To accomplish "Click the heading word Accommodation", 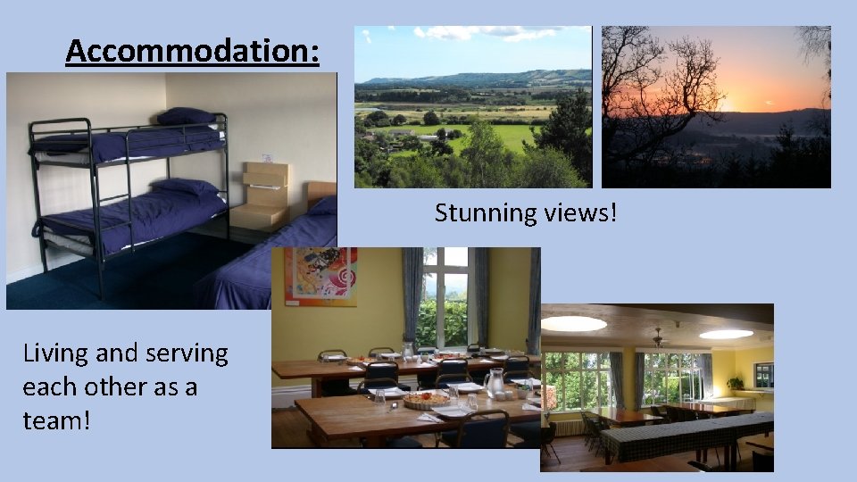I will (x=191, y=52).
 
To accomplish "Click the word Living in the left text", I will (x=55, y=354).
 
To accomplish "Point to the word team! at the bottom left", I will (x=56, y=420).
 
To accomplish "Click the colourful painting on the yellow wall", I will (x=320, y=277).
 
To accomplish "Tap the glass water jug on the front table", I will (x=493, y=382).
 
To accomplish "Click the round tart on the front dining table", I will (x=426, y=401).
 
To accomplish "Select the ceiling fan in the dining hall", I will (x=657, y=338).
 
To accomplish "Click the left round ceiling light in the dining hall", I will (x=573, y=324).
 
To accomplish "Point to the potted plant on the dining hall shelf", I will (x=735, y=383).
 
